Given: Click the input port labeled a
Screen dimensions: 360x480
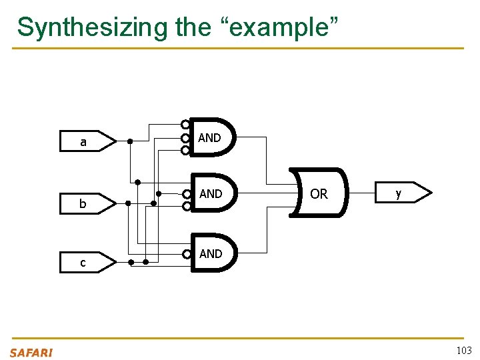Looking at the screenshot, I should (x=87, y=141).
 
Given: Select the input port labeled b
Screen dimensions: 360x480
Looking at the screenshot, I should (x=87, y=203).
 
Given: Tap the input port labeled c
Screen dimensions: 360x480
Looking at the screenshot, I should (x=87, y=263).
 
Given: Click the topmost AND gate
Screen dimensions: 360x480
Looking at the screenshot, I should (x=213, y=137).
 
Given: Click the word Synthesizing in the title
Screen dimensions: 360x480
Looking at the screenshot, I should (x=93, y=27).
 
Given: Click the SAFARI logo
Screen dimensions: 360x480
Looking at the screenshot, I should (x=31, y=353).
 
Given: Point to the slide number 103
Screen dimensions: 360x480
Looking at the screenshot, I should (x=463, y=351).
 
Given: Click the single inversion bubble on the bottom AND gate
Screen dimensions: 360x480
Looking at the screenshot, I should (x=187, y=254).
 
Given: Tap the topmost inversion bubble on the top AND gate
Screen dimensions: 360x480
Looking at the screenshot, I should (x=185, y=125).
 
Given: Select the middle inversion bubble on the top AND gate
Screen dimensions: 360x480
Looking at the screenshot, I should (x=185, y=138).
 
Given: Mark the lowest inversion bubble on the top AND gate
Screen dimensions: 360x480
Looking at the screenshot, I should (x=185, y=151).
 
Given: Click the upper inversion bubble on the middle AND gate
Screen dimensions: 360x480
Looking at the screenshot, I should (x=187, y=194).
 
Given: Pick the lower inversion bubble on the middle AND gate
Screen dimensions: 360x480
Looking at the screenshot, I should (x=187, y=206).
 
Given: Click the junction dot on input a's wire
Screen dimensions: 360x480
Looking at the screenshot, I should (x=130, y=141).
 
